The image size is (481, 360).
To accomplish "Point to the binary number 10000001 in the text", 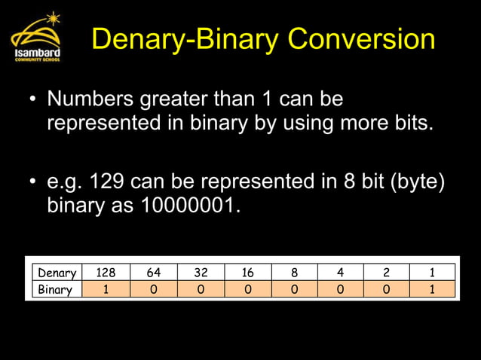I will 190,206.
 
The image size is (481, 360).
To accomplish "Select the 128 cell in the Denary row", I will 106,273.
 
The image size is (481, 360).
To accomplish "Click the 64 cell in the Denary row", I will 152,273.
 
